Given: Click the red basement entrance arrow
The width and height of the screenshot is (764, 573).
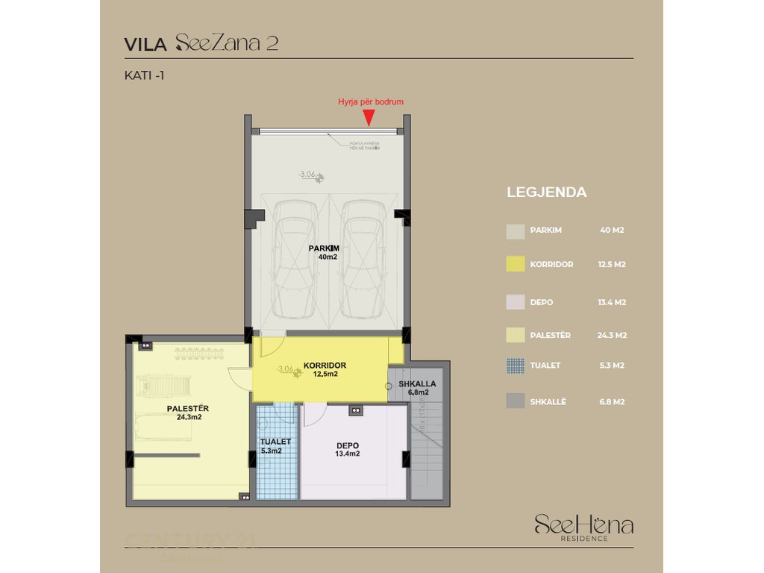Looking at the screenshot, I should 369,117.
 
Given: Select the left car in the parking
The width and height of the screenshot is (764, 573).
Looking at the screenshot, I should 295,258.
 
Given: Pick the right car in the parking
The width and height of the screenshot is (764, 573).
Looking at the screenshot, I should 363,258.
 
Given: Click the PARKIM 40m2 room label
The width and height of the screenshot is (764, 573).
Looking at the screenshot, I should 326,252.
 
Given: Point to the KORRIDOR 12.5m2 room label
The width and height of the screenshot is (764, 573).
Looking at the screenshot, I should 325,370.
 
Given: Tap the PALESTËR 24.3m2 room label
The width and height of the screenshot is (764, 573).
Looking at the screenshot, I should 187,413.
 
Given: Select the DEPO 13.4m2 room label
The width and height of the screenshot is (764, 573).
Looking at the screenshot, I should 348,449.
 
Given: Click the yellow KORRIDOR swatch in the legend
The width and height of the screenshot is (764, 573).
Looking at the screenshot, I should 516,264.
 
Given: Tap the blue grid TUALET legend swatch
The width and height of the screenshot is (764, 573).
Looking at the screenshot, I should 516,366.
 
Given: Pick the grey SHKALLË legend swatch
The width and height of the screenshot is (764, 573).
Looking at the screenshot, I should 516,401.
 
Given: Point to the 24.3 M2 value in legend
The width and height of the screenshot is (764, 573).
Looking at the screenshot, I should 612,336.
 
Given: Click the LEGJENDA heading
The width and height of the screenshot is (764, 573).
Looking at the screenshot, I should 547,192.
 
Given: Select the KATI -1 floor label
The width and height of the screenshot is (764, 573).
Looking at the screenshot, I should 144,75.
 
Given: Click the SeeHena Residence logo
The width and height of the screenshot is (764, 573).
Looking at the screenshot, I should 583,527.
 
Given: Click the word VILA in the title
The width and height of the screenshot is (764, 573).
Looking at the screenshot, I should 145,44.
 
